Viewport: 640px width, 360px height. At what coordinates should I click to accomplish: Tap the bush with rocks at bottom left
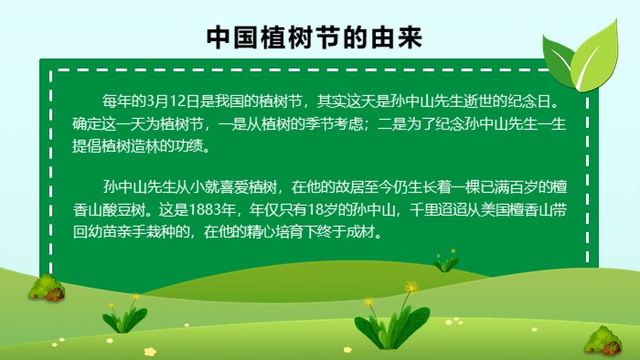click(x=46, y=289)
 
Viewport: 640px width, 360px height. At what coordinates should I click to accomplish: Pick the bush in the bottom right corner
click(x=603, y=342)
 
